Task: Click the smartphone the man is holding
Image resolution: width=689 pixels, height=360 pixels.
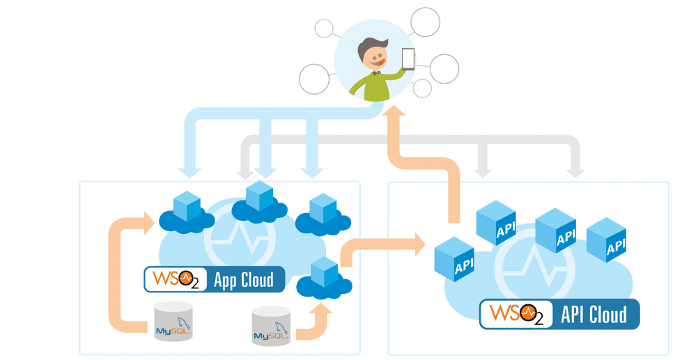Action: point(408,58)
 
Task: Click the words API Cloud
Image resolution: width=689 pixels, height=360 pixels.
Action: point(594,315)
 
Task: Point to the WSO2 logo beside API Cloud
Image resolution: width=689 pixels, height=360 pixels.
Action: point(516,314)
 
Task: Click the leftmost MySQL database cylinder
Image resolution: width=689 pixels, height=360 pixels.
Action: point(173,321)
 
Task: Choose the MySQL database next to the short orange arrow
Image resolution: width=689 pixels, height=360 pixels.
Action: point(271,325)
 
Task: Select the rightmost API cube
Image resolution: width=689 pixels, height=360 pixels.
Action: point(606,240)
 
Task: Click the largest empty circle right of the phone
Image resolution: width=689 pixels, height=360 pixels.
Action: point(444,68)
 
